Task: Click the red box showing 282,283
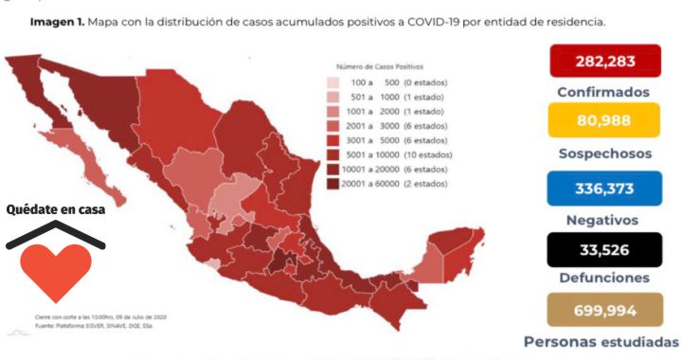pyautogui.click(x=603, y=63)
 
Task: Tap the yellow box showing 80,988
pyautogui.click(x=603, y=121)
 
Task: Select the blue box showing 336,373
pyautogui.click(x=603, y=188)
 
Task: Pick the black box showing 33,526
pyautogui.click(x=603, y=250)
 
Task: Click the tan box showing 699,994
pyautogui.click(x=603, y=310)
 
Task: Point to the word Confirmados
pyautogui.click(x=603, y=92)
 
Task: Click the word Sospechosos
pyautogui.click(x=603, y=152)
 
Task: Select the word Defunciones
pyautogui.click(x=603, y=279)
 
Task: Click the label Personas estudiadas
pyautogui.click(x=601, y=341)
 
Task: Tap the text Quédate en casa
pyautogui.click(x=55, y=209)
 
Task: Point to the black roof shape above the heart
pyautogui.click(x=55, y=233)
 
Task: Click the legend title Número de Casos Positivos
pyautogui.click(x=383, y=67)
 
